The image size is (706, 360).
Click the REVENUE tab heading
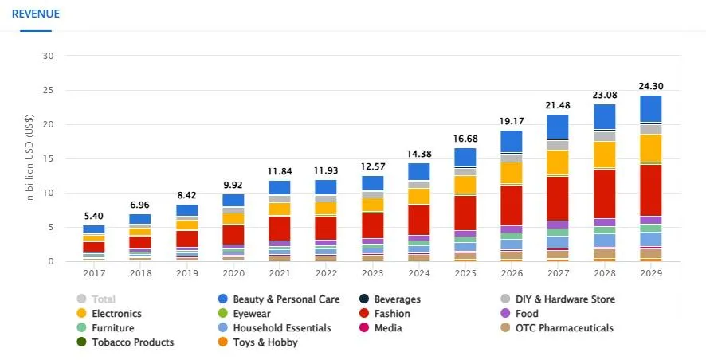point(35,14)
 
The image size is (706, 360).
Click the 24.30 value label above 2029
point(650,86)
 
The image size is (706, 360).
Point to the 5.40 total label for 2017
point(93,216)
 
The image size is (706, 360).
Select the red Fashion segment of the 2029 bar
point(650,190)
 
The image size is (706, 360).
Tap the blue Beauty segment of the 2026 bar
point(510,141)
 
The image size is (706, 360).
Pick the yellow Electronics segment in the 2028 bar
point(604,154)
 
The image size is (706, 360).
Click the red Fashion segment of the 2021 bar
point(280,228)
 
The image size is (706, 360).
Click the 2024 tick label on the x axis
point(418,273)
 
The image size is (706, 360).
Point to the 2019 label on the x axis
point(186,273)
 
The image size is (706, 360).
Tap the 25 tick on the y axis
point(48,90)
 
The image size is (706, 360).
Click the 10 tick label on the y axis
point(48,193)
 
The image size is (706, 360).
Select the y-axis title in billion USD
point(30,158)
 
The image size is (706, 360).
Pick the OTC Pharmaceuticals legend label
point(563,328)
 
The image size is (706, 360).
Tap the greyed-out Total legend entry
point(103,299)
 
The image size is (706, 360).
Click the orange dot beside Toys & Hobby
point(224,342)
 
